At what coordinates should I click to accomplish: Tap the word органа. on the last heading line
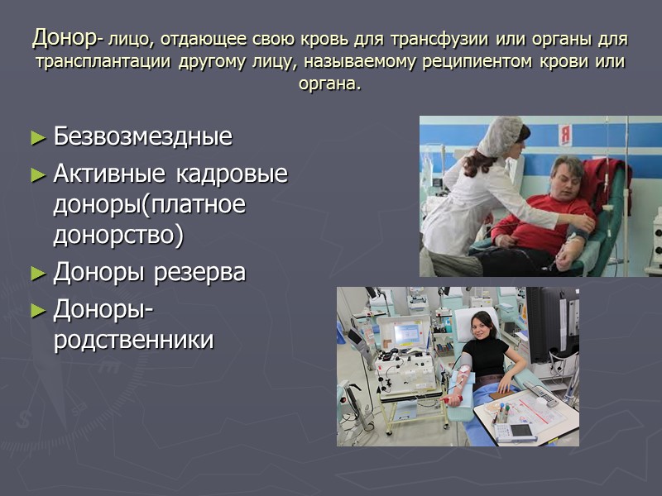click(330, 84)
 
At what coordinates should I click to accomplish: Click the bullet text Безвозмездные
click(142, 137)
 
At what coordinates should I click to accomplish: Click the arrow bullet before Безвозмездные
click(38, 138)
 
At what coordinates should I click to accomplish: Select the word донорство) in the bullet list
click(118, 236)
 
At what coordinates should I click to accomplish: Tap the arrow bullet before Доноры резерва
click(38, 273)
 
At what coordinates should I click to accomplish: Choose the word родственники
click(133, 340)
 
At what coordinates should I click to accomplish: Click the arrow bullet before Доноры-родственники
click(38, 311)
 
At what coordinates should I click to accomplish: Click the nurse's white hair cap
click(502, 135)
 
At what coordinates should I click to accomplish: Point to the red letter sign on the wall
click(565, 133)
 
